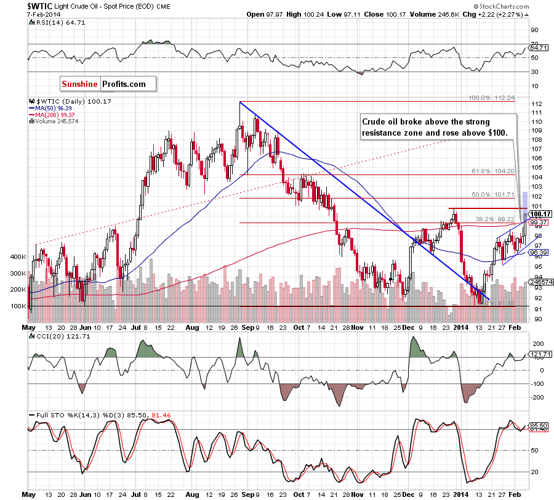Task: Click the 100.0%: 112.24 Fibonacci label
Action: point(492,98)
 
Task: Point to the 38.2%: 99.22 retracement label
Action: point(492,219)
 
